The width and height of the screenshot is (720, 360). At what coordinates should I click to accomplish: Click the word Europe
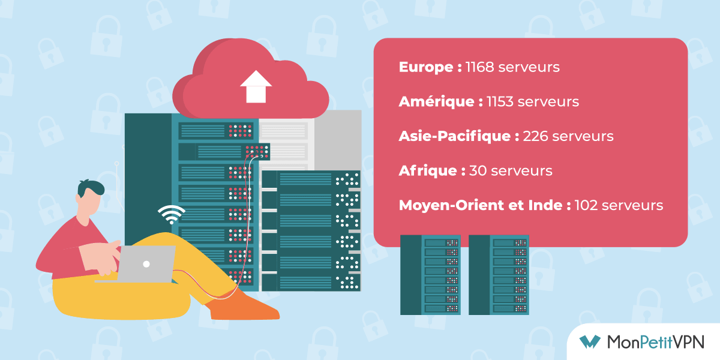tap(425, 67)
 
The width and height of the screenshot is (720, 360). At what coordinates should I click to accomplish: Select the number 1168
tap(479, 67)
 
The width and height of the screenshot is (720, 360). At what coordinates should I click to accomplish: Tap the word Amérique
tap(436, 101)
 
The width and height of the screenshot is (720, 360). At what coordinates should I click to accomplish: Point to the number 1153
tap(500, 101)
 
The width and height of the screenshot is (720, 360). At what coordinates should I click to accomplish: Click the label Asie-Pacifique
tap(454, 136)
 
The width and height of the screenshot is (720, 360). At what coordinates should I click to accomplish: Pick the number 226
tap(535, 136)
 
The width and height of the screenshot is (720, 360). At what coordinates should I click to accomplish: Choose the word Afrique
tap(427, 170)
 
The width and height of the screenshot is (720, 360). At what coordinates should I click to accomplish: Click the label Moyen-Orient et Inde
tap(481, 205)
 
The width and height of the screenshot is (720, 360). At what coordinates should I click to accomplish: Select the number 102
tap(586, 205)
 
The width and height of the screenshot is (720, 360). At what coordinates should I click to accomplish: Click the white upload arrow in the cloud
tap(256, 87)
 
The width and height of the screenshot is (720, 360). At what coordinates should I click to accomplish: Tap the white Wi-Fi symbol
tap(172, 214)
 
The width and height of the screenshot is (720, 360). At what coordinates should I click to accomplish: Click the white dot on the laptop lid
tap(146, 264)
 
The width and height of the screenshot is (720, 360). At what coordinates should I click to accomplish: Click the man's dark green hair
tap(91, 188)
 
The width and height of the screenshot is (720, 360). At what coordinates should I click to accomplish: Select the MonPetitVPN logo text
tap(656, 341)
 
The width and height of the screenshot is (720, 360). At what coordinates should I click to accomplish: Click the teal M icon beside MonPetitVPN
tap(590, 341)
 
